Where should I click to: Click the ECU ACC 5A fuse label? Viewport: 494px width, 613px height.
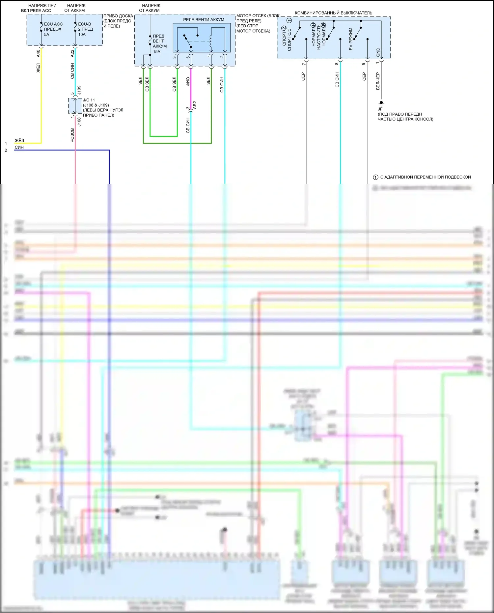click(x=53, y=29)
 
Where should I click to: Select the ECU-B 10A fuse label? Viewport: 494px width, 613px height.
click(x=85, y=29)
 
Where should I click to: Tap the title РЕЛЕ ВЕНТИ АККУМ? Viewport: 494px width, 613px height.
click(x=204, y=20)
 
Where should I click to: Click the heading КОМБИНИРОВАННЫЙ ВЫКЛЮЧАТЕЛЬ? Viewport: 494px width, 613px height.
click(x=333, y=13)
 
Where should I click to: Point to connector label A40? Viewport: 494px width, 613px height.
click(x=38, y=53)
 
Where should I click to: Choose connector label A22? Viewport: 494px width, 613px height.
click(x=72, y=53)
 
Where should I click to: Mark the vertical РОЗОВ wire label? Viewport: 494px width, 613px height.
click(x=72, y=135)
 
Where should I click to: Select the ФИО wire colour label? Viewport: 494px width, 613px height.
click(x=188, y=82)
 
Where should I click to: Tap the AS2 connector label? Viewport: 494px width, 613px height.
click(x=195, y=105)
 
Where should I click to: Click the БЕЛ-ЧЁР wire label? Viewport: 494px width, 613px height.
click(x=378, y=81)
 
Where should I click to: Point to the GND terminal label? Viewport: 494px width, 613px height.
click(x=378, y=52)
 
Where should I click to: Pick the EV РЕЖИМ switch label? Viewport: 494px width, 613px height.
click(x=351, y=39)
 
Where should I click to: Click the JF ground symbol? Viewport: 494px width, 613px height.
click(x=381, y=104)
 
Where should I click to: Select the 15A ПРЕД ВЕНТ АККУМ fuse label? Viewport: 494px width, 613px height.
click(x=159, y=44)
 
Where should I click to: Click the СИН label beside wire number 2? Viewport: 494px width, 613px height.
click(x=19, y=147)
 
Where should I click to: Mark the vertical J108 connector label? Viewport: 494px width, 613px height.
click(x=79, y=122)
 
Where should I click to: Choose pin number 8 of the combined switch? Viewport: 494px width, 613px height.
click(x=336, y=64)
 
